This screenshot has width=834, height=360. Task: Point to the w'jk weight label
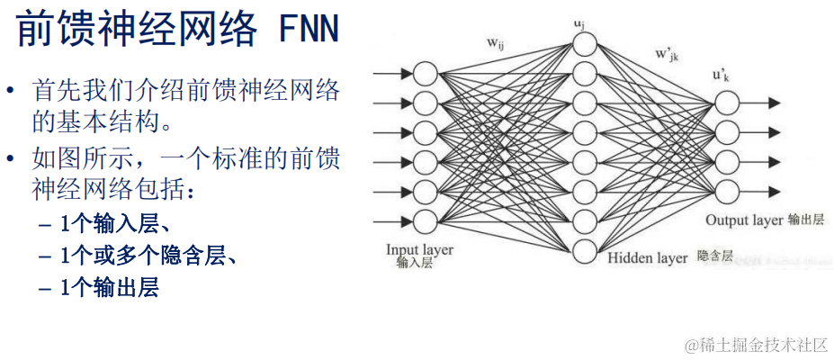[x=667, y=54]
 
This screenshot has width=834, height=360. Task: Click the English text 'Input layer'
[x=419, y=249]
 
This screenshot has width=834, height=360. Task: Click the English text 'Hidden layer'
[x=647, y=258]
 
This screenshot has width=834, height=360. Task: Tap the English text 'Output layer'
[x=744, y=220]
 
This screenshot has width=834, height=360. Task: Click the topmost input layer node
[x=425, y=73]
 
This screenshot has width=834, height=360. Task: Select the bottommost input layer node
[x=425, y=220]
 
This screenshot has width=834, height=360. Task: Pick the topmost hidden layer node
[x=585, y=42]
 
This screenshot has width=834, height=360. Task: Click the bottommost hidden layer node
[x=585, y=252]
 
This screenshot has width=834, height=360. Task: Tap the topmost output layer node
[x=727, y=103]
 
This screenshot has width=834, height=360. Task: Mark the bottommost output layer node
[x=727, y=190]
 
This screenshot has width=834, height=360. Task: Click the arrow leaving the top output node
[x=760, y=103]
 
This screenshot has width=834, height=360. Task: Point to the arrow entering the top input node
[x=392, y=73]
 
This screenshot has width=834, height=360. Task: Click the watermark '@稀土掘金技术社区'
[x=755, y=345]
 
